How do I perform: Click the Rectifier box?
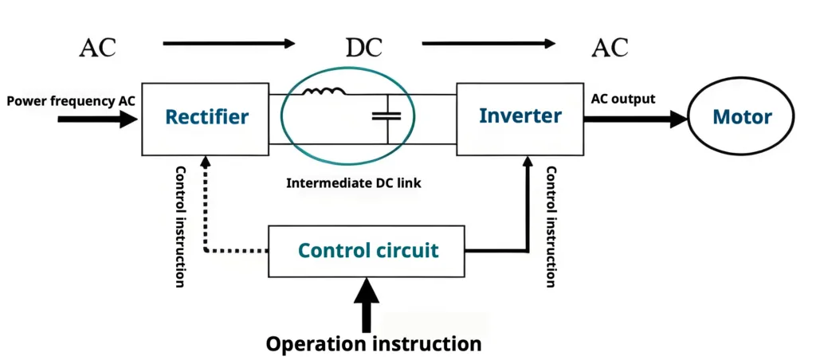[206, 118]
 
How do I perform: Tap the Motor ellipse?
[741, 119]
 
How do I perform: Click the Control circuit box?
[367, 251]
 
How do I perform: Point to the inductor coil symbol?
[324, 92]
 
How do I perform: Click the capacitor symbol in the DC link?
[387, 117]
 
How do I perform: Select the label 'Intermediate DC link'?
[353, 183]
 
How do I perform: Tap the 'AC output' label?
[623, 100]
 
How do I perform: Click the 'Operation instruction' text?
[373, 344]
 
